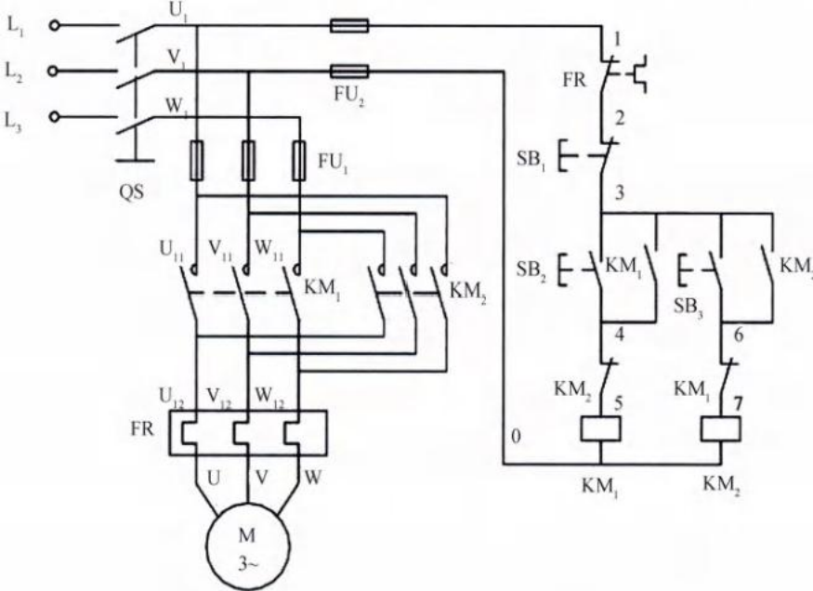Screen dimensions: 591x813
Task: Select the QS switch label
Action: click(134, 196)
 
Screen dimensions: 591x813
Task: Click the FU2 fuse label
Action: click(350, 95)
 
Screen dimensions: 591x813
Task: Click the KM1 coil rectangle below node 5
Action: click(599, 428)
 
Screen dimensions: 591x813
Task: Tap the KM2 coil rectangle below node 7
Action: click(721, 428)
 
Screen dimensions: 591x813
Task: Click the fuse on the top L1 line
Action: click(349, 26)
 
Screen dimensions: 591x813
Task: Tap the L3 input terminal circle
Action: click(54, 117)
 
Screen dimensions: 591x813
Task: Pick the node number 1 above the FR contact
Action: click(615, 38)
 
